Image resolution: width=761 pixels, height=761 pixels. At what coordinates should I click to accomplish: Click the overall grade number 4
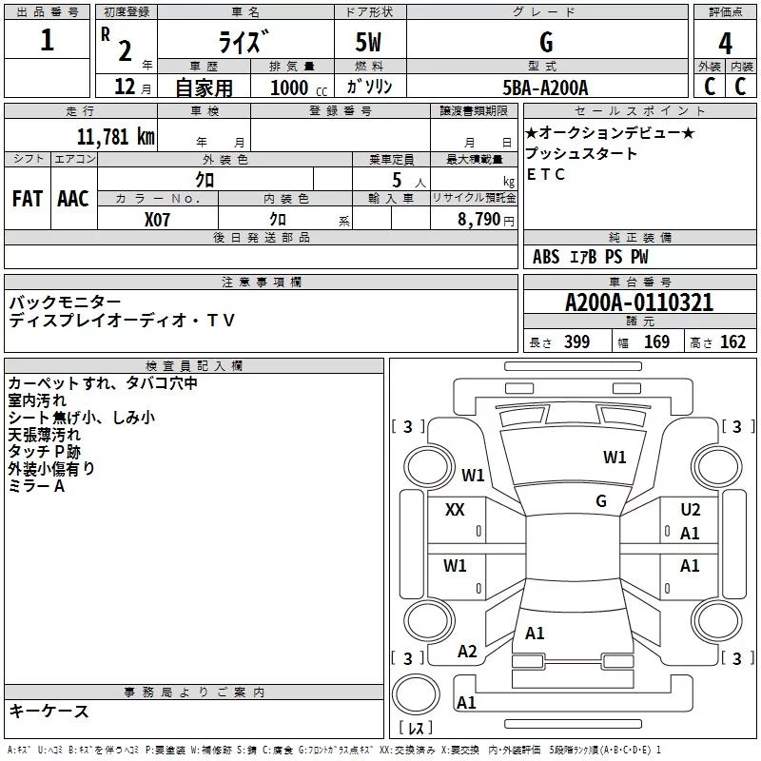point(725,43)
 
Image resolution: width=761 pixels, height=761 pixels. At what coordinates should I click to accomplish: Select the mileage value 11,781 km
point(115,136)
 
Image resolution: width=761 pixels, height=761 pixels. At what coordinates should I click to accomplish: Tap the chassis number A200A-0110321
point(639,302)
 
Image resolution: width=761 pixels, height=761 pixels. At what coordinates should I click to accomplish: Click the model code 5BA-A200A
point(545,88)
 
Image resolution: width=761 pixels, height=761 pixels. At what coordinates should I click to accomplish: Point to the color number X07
point(157,220)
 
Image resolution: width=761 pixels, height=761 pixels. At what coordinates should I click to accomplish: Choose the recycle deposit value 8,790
point(478,219)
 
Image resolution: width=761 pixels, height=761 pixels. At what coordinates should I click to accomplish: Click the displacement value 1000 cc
point(299,88)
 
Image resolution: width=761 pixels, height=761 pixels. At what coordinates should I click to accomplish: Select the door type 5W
point(368,42)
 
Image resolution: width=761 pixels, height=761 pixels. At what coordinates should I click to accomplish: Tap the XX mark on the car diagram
point(455,510)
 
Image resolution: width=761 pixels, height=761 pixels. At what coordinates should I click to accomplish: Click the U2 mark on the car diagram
point(691,510)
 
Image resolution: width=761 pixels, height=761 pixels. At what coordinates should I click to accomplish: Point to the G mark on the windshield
point(601,501)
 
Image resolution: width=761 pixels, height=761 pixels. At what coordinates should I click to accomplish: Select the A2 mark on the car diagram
point(467,652)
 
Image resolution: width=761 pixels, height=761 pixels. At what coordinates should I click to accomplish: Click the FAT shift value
point(28,199)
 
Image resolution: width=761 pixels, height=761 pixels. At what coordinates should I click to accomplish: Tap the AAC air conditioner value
point(73,199)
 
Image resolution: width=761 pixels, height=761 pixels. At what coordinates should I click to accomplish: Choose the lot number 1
point(47,39)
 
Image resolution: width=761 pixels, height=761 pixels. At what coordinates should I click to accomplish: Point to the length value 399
point(576,341)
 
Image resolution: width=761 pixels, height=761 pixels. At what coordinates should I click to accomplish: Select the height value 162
point(732,341)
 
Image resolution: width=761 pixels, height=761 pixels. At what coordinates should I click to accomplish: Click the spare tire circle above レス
point(416,693)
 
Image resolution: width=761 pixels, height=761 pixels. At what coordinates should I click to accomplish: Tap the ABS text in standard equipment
point(546,257)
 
